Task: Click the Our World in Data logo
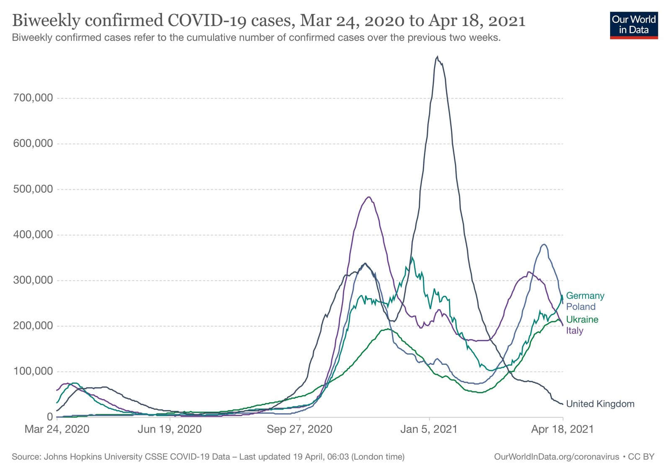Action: click(634, 25)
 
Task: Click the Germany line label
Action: click(585, 296)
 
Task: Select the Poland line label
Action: click(580, 307)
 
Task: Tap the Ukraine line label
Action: click(582, 320)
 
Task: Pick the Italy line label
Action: click(575, 331)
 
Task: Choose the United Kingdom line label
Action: click(600, 404)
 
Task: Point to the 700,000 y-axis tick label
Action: click(33, 98)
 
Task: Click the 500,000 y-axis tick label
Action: click(33, 189)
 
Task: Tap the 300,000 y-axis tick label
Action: click(33, 280)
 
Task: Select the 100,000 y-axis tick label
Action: click(33, 372)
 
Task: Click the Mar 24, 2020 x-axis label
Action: click(57, 429)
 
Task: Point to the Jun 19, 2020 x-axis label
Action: click(170, 429)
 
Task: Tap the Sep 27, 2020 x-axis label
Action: click(299, 429)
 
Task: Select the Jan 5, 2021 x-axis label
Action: click(429, 429)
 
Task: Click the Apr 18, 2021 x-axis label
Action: click(562, 429)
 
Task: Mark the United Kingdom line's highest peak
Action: click(437, 57)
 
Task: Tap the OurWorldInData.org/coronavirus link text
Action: click(557, 457)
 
